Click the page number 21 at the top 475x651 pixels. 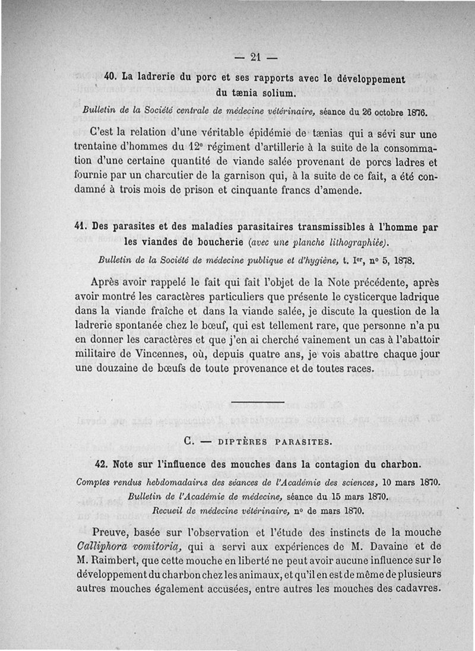click(256, 57)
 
